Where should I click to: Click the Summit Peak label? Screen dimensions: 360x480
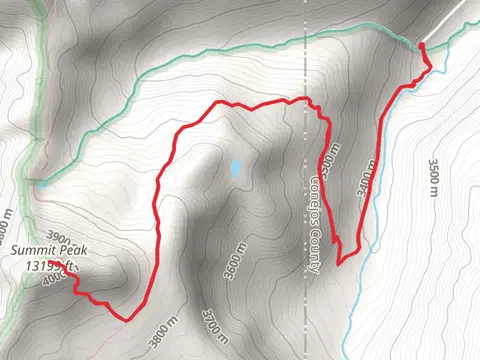tap(38, 252)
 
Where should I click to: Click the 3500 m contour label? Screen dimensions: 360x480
tap(433, 176)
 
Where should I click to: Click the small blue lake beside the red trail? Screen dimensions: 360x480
tap(235, 169)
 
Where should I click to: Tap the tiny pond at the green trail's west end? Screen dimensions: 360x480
tap(41, 183)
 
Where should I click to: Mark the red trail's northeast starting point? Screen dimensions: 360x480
tap(421, 45)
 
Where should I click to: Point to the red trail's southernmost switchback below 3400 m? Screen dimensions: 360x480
tap(339, 263)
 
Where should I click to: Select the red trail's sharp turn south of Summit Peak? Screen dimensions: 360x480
tap(127, 320)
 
